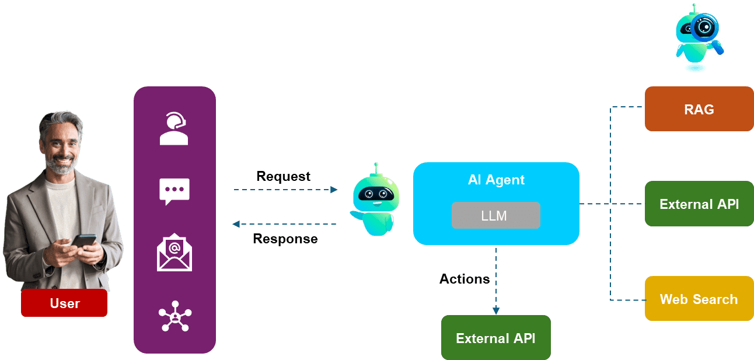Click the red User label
pyautogui.click(x=64, y=303)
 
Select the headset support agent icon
pyautogui.click(x=174, y=129)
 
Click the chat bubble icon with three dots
pyautogui.click(x=174, y=191)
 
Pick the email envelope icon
pyautogui.click(x=174, y=253)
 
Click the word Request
pyautogui.click(x=283, y=176)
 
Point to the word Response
pyautogui.click(x=285, y=239)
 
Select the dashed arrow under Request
pyautogui.click(x=285, y=190)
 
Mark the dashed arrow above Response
pyautogui.click(x=284, y=224)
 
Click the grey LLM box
pyautogui.click(x=495, y=215)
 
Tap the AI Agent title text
pyautogui.click(x=496, y=180)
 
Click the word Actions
pyautogui.click(x=464, y=279)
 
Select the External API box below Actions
pyautogui.click(x=495, y=338)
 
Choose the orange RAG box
pyautogui.click(x=699, y=109)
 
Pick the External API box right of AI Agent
pyautogui.click(x=699, y=204)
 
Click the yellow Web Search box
pyautogui.click(x=699, y=299)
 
